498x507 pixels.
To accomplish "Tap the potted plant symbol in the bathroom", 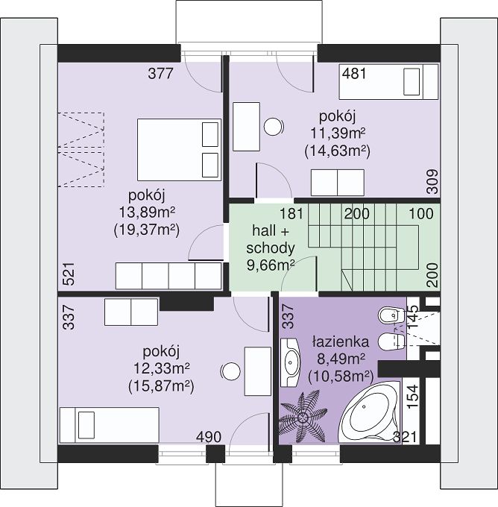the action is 303,417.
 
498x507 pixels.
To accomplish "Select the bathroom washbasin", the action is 290,362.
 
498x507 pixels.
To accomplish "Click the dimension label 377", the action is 161,73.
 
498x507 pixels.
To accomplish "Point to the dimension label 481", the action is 354,73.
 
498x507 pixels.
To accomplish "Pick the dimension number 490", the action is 209,437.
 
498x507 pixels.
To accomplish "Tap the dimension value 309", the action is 432,182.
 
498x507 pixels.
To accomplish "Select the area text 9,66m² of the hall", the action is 271,265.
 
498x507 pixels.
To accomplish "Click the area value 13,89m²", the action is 147,212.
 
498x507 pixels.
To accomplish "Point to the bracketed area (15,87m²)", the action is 161,385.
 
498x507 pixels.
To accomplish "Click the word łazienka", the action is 341,341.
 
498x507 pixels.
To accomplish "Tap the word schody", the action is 271,248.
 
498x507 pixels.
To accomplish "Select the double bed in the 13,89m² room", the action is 179,150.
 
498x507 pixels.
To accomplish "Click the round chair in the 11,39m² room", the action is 274,127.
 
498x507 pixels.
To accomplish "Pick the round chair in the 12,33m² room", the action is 230,371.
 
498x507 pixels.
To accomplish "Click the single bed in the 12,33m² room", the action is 110,425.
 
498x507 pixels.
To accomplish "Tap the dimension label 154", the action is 412,397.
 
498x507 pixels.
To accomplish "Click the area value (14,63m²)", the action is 337,151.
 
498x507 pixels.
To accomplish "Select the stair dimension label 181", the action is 291,214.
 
